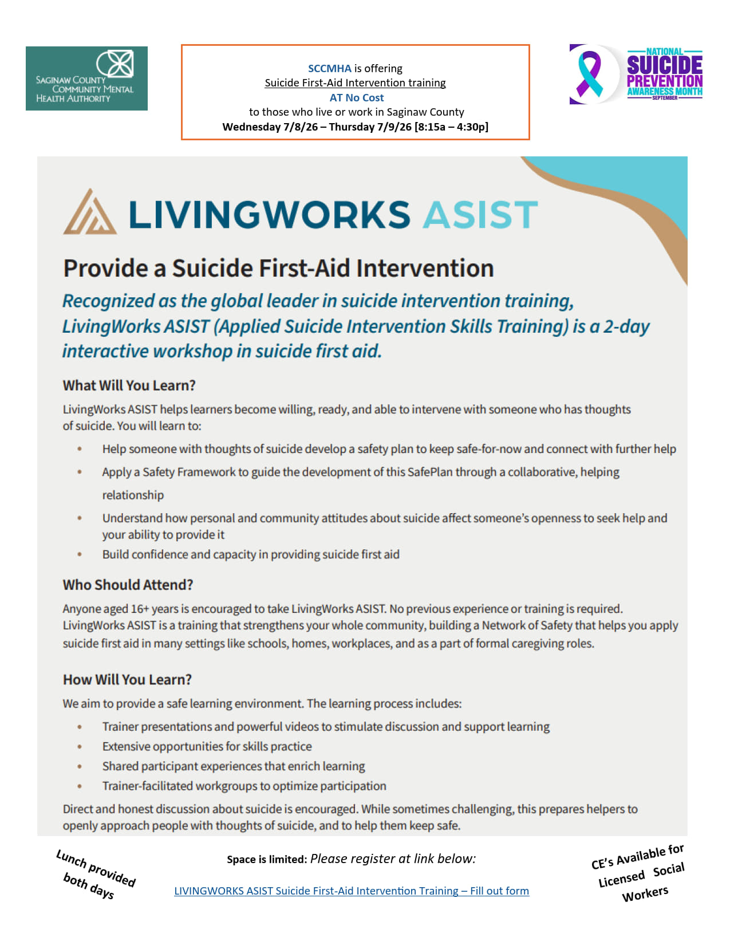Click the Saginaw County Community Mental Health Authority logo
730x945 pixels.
[86, 78]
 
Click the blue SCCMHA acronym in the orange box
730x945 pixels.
[329, 69]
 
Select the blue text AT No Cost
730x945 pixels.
[356, 98]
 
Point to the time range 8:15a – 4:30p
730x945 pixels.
[451, 127]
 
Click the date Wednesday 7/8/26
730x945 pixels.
[270, 127]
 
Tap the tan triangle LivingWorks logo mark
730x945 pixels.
[89, 212]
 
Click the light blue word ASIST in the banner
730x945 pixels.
[480, 215]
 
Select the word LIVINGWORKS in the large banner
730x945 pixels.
[269, 215]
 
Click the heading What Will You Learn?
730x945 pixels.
[129, 385]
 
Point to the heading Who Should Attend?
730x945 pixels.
[128, 585]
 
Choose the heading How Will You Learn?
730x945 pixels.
[127, 680]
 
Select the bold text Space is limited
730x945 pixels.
[266, 860]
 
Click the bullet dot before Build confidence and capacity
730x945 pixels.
[80, 554]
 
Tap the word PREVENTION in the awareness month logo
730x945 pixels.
[664, 81]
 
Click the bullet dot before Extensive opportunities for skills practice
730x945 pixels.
[80, 747]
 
